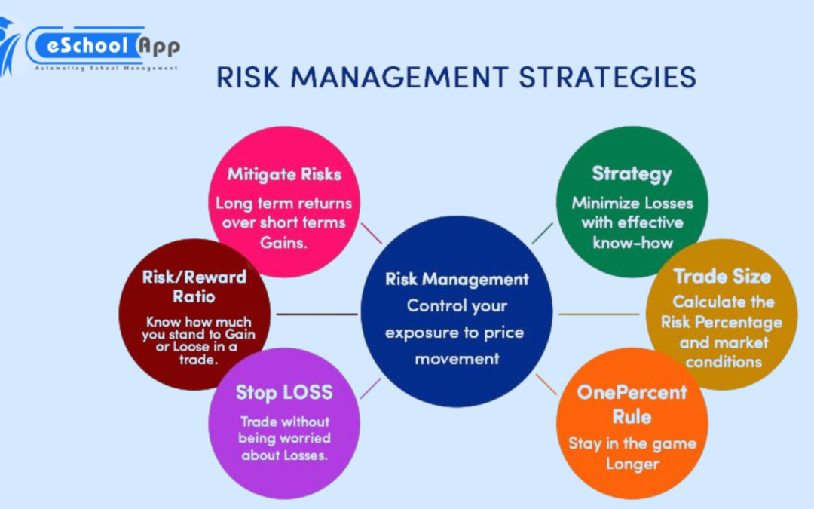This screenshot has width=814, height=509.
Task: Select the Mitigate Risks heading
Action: pos(284,174)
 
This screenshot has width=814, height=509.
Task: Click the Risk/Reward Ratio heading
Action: pos(194,287)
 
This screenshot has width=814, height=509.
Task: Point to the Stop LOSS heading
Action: pos(284,392)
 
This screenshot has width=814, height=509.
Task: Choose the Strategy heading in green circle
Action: pos(632,173)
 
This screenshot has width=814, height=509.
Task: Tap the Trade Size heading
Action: pos(722,276)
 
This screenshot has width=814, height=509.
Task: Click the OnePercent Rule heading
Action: pos(632,404)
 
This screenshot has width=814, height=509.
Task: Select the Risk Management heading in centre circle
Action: pos(457,279)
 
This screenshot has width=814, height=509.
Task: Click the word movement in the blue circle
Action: pos(457,359)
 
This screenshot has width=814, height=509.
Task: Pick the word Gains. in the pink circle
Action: pos(283,242)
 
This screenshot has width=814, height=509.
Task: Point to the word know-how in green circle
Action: pos(632,242)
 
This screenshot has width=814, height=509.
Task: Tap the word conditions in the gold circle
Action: pos(723,362)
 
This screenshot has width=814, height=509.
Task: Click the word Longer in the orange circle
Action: pos(632,464)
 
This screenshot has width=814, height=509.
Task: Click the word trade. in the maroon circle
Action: pos(194,360)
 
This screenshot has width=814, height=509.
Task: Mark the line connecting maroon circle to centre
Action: pos(317,314)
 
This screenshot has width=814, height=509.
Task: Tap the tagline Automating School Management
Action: pos(106,67)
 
